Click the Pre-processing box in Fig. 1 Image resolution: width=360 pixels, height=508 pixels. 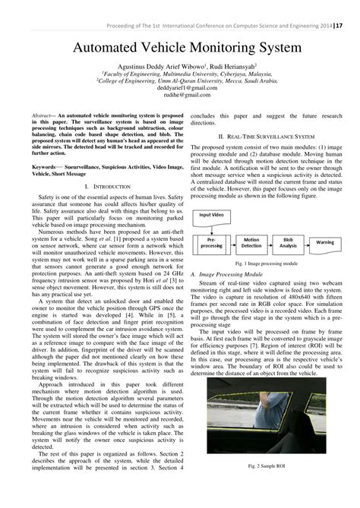[212, 244]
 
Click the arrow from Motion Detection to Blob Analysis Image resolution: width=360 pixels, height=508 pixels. [273, 244]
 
